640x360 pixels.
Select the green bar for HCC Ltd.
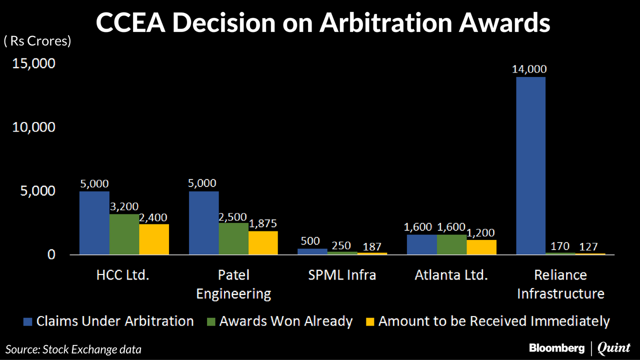124,234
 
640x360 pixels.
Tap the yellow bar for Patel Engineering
263,243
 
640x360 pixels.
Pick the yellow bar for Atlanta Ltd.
481,247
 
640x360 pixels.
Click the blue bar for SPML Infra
312,252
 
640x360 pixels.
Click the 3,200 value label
124,206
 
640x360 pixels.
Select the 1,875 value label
263,223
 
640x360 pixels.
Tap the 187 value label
372,246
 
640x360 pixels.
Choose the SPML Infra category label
342,275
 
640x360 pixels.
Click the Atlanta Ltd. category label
451,275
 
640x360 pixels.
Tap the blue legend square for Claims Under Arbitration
28,321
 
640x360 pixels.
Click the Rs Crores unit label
37,41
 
